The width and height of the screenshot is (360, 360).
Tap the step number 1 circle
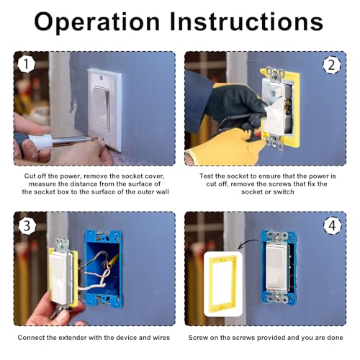pos(27,66)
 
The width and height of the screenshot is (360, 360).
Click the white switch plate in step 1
pos(104,108)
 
